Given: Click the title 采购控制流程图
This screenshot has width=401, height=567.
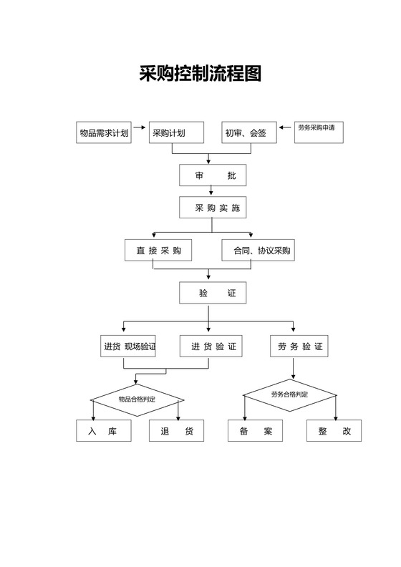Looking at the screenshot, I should pos(200,73).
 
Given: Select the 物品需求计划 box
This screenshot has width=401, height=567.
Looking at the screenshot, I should pos(105,132).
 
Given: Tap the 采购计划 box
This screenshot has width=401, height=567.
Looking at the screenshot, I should pos(176,132).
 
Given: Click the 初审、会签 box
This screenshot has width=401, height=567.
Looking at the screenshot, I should pos(248,132).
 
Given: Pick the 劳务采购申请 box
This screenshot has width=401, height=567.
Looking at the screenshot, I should pos(320,132).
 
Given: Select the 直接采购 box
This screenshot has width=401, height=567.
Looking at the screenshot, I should pos(158,250).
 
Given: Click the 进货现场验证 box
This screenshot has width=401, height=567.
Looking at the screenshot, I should pos(130,346).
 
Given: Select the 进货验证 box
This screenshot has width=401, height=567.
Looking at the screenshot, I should pos(211,346).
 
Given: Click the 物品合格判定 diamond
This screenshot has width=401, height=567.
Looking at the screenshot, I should pos(137,399).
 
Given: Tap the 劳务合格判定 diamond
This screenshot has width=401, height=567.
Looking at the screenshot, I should pos(290,394).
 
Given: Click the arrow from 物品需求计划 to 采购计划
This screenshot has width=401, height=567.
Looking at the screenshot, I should pos(140,132).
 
